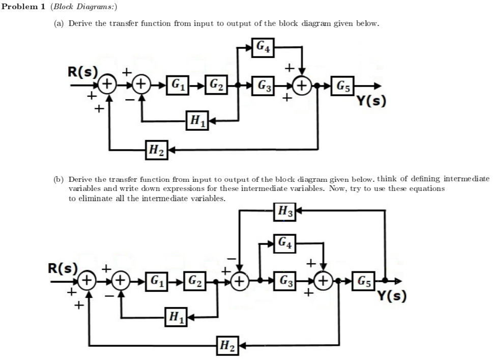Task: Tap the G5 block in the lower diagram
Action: pos(364,280)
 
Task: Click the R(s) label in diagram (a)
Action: pos(83,71)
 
